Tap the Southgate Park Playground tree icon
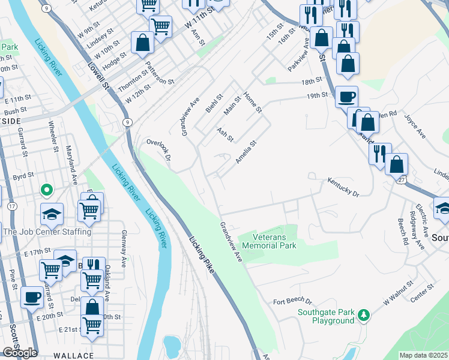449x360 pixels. tap(363, 314)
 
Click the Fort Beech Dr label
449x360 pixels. tap(293, 301)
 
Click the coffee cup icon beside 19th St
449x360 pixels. tap(346, 97)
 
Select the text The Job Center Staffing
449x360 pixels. tap(47, 232)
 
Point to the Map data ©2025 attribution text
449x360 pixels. tap(423, 355)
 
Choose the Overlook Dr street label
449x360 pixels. tap(160, 150)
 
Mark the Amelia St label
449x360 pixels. tap(246, 151)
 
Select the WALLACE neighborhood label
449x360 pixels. tap(73, 355)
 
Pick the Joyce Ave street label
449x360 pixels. tap(415, 127)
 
